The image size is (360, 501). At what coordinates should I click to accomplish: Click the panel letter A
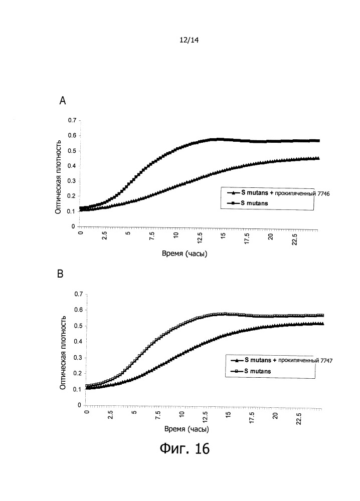pos(63,101)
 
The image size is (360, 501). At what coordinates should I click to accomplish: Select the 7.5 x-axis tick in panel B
pos(157,417)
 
